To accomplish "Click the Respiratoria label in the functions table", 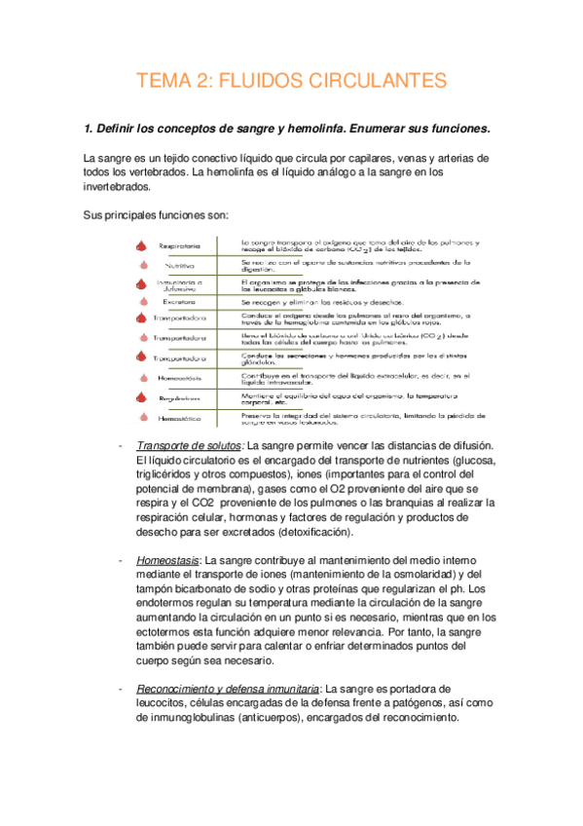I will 180,245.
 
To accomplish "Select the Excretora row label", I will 180,302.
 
